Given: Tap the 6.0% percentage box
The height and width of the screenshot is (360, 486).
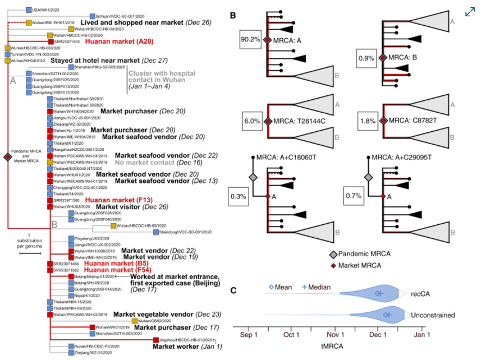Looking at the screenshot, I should pos(251,119).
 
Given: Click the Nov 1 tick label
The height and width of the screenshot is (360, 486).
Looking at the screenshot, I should pos(336,335).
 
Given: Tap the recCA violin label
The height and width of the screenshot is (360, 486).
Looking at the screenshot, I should pos(421,293).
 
